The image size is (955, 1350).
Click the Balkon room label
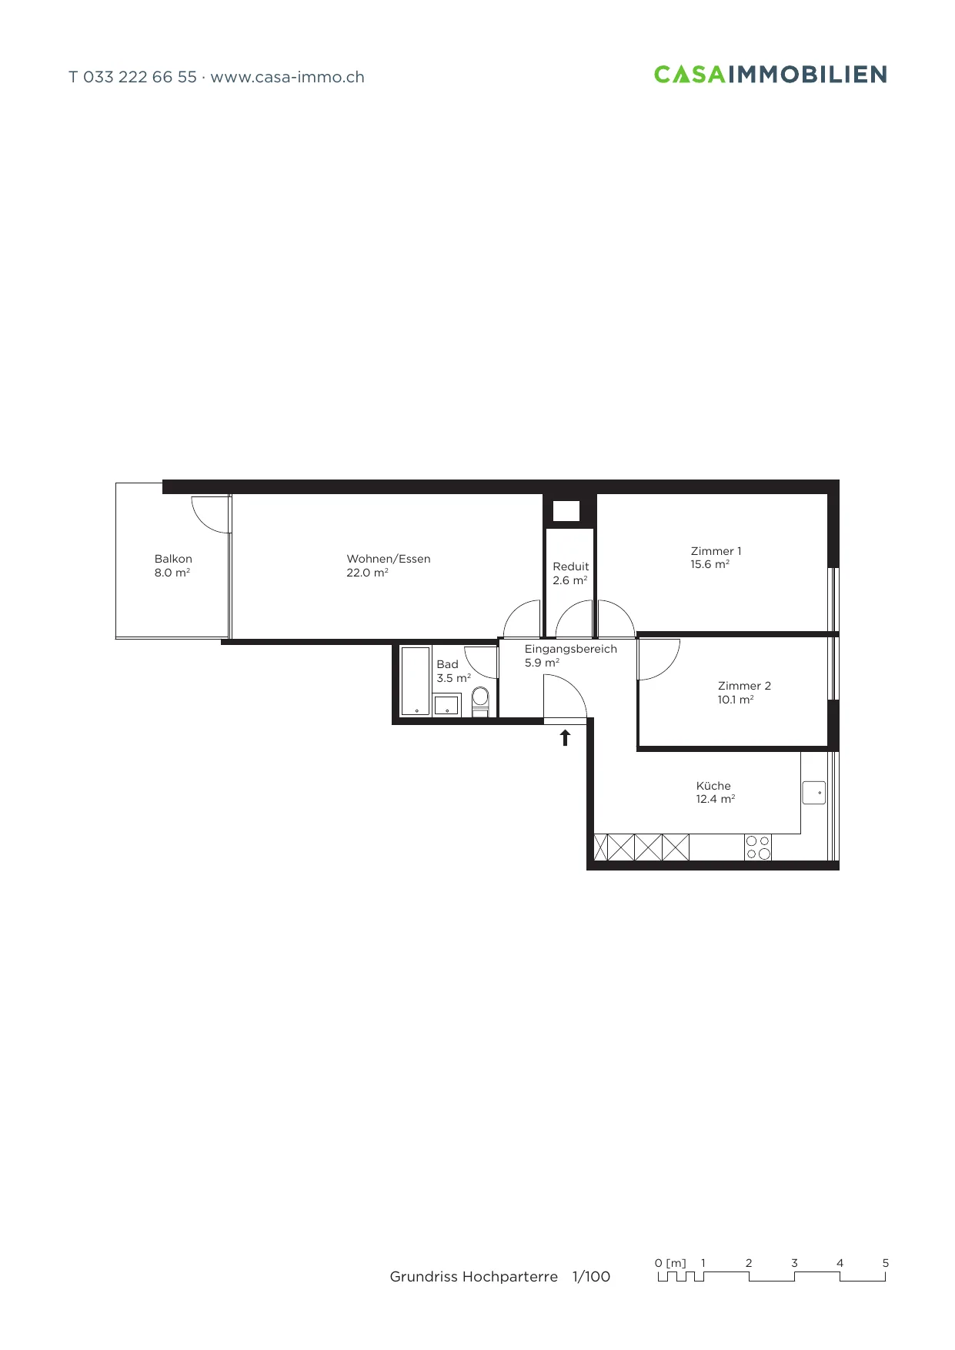[173, 559]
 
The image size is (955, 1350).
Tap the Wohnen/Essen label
[389, 559]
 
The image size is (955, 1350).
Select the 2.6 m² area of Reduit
[569, 580]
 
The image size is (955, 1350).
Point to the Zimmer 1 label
[716, 551]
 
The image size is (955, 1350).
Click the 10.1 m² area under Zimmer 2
[736, 700]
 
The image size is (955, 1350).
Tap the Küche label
[713, 786]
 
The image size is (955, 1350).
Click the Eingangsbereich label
[571, 649]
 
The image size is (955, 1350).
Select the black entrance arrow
[566, 737]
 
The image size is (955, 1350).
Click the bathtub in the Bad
[416, 681]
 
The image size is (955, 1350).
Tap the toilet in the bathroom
[480, 701]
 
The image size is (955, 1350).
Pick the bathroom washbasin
[446, 705]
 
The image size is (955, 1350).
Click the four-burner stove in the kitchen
[758, 847]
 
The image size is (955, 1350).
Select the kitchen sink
[813, 793]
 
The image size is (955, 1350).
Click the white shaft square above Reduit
[566, 511]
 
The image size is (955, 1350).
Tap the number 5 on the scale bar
[886, 1263]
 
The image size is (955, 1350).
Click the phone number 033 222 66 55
[140, 77]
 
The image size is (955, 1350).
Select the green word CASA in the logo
[690, 74]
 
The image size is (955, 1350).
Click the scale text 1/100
[591, 1277]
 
